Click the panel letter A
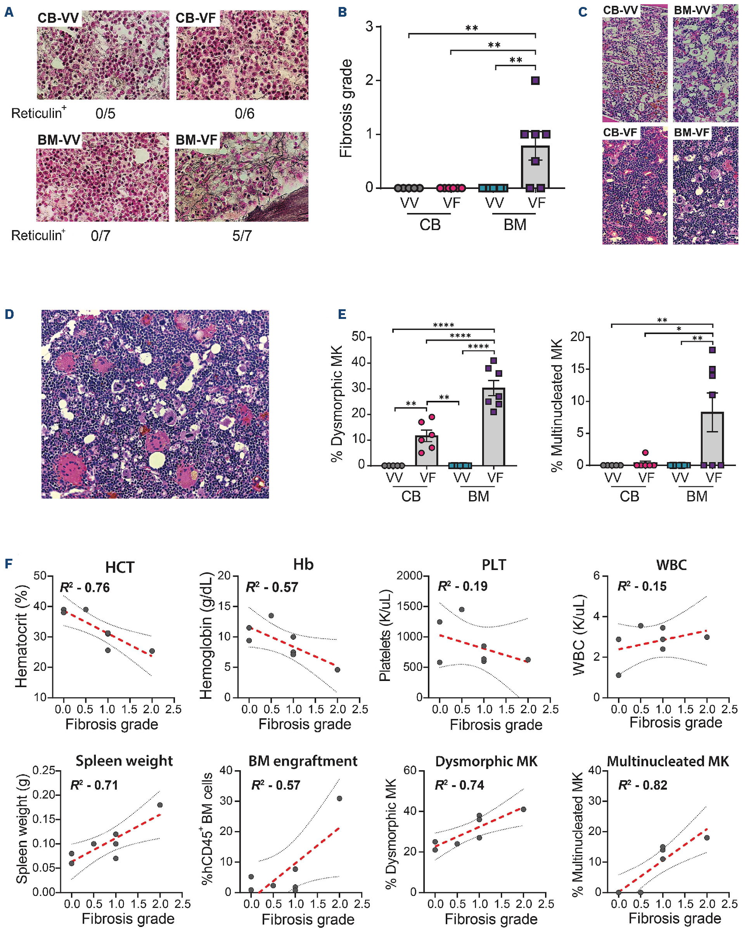click(x=9, y=12)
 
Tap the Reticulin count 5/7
click(x=242, y=236)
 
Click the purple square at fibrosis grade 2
click(x=535, y=81)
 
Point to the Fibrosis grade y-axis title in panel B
click(x=346, y=108)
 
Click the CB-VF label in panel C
click(x=620, y=132)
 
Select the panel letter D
click(x=9, y=314)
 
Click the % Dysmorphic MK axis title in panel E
click(x=337, y=403)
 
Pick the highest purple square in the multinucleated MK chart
click(x=712, y=350)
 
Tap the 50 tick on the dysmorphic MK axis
click(x=359, y=336)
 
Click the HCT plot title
click(x=120, y=567)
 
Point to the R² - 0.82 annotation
click(x=643, y=785)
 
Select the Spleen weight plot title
click(x=124, y=761)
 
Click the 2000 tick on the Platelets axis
click(x=410, y=575)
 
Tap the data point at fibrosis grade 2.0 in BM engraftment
click(x=339, y=799)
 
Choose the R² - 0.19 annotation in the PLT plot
click(x=462, y=586)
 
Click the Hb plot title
click(x=303, y=565)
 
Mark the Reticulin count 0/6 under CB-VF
click(x=245, y=114)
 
